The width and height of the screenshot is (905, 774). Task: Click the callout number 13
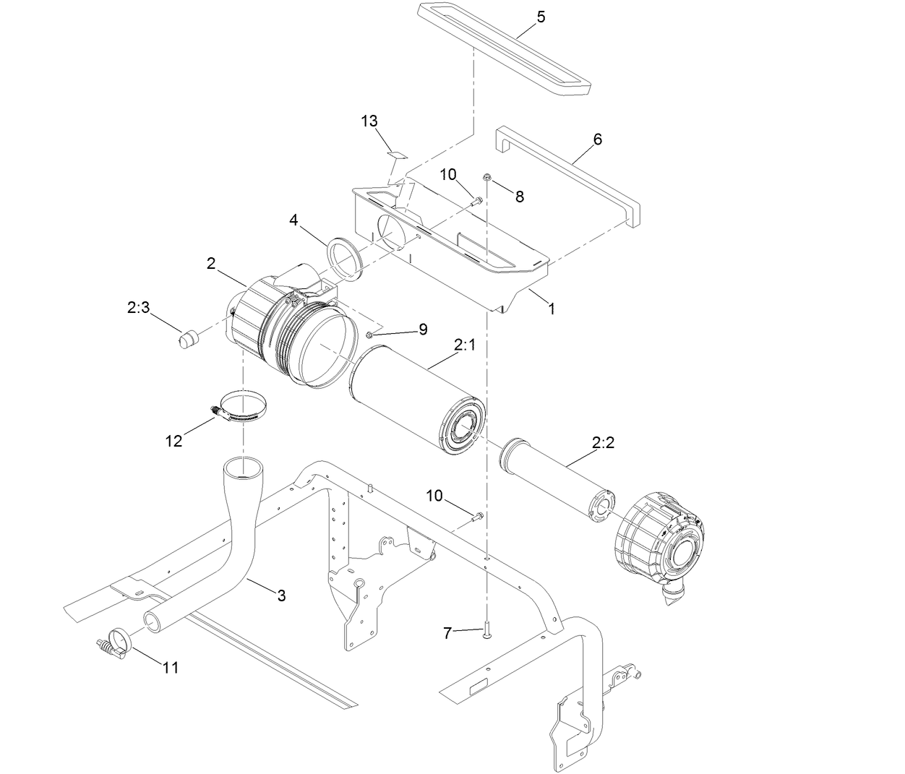point(369,121)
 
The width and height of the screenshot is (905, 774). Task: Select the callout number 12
point(174,441)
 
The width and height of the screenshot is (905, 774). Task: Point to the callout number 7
point(447,633)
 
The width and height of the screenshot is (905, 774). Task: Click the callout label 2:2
point(603,443)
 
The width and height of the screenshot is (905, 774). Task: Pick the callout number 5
point(541,17)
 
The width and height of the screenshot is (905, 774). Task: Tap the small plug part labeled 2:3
point(189,337)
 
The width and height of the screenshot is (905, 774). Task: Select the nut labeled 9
point(369,334)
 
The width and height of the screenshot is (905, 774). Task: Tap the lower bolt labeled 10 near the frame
point(478,516)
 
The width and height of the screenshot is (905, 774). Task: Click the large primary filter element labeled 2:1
point(412,401)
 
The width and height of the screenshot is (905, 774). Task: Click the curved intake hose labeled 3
point(231,549)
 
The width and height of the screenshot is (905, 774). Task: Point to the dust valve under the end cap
point(672,593)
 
